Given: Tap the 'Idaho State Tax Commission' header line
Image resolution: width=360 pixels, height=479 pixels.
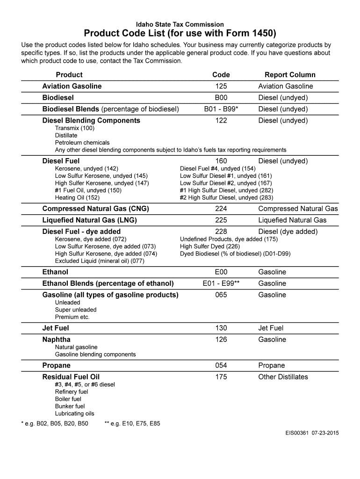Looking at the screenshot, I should [180, 24].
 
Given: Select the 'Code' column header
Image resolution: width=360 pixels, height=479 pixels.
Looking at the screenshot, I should [221, 75].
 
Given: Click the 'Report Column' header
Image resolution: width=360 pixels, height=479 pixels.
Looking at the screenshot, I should [290, 75].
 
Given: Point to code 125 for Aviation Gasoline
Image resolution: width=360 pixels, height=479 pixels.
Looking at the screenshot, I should [221, 87].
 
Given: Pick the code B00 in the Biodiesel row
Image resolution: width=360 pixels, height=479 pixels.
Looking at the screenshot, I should [221, 98].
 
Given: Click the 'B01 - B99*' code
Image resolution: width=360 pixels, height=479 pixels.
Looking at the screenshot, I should [221, 109].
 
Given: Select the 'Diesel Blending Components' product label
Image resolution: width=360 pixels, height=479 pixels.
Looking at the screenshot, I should [91, 121].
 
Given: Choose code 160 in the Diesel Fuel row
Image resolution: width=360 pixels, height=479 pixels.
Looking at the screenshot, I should [221, 161].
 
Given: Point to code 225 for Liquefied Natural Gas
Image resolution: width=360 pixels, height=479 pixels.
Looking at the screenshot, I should [221, 220].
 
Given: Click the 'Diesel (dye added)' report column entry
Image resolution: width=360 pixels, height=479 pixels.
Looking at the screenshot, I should [288, 232].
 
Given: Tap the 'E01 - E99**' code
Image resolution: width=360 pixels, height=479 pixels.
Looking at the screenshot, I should [221, 284].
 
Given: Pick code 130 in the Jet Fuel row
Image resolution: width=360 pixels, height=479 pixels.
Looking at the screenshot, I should [221, 328].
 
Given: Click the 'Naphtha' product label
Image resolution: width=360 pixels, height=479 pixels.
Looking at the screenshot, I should [57, 340].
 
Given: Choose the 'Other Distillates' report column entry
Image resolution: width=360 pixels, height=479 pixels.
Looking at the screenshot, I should [283, 377].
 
